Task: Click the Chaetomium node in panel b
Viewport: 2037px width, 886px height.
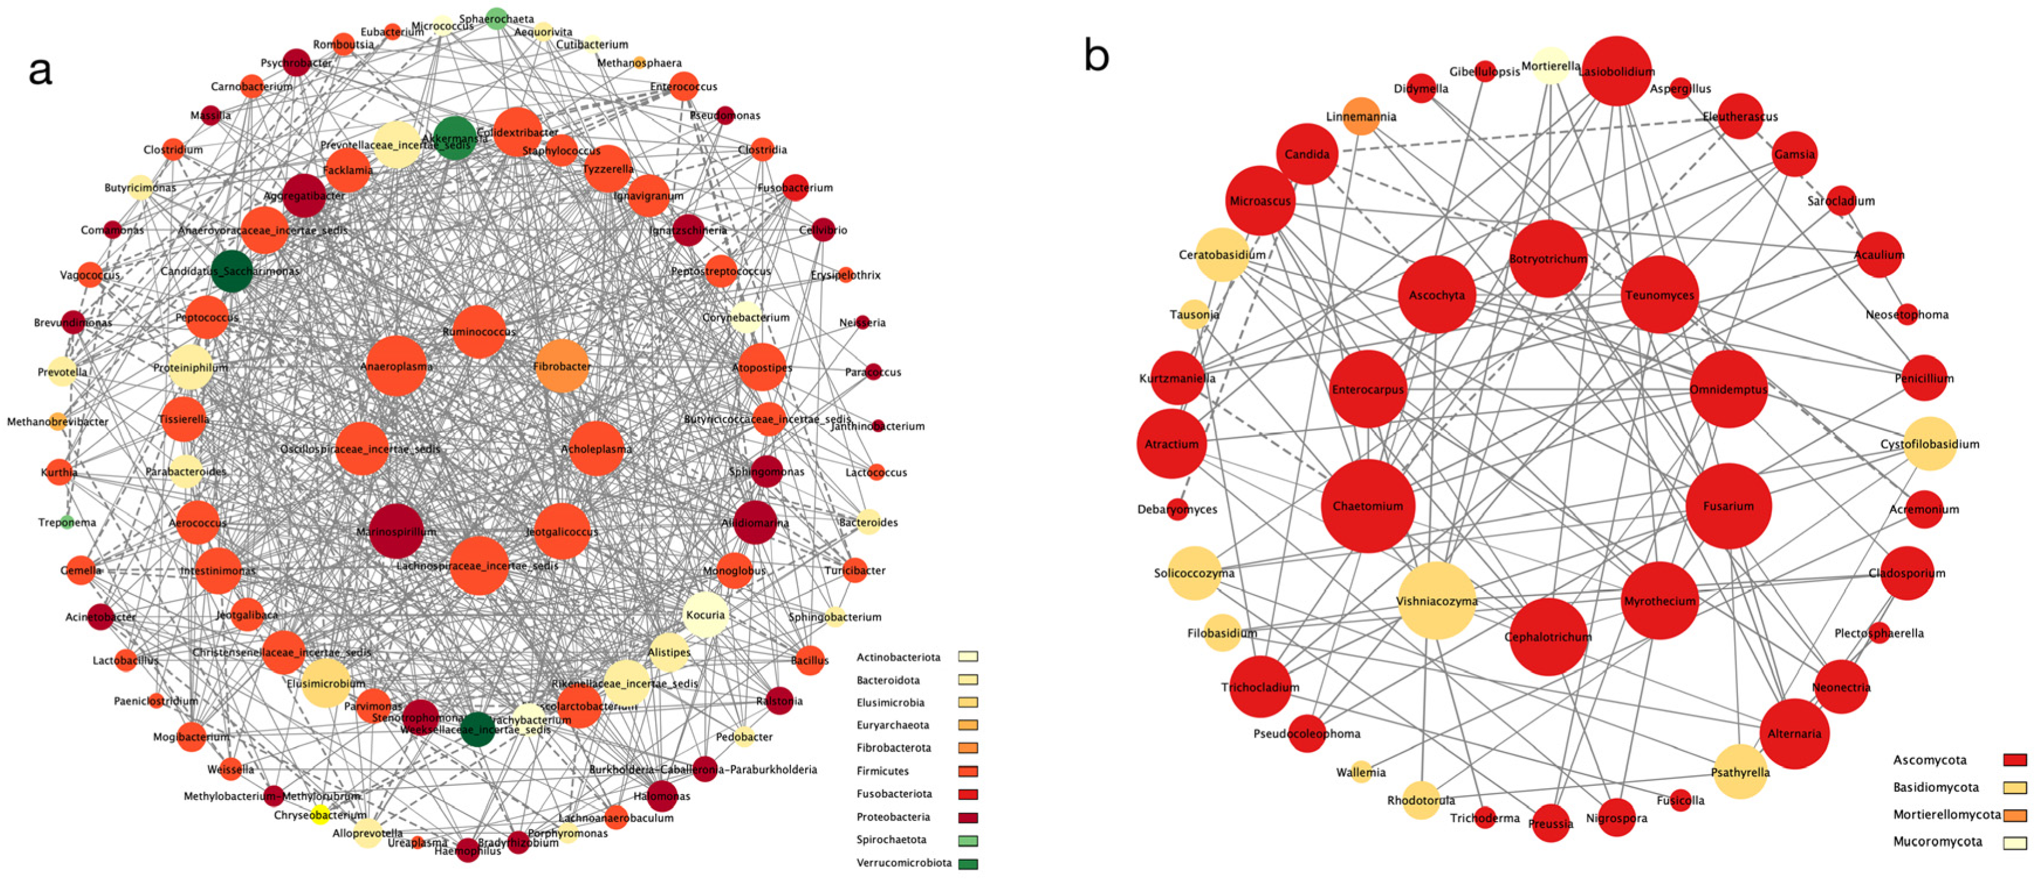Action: click(1367, 505)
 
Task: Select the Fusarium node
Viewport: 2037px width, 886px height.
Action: click(1728, 505)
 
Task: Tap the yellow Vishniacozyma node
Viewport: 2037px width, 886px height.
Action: click(1436, 600)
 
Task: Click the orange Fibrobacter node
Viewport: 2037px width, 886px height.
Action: click(562, 365)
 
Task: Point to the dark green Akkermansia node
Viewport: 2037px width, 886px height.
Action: click(455, 138)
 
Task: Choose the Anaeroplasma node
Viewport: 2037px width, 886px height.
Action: click(396, 365)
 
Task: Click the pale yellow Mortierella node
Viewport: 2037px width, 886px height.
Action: click(1550, 66)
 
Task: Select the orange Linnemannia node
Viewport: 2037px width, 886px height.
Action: click(1361, 117)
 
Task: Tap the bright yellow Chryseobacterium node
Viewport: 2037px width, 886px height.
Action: click(320, 814)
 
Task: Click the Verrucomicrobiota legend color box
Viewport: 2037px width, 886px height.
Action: click(968, 863)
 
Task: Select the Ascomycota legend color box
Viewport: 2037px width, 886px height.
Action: click(2015, 760)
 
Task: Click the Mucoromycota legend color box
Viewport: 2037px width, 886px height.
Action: click(2015, 843)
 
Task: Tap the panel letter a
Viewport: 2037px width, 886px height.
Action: click(40, 70)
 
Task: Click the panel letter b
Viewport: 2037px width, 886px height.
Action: click(1096, 56)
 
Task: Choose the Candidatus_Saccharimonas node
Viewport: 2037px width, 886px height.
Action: click(232, 271)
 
